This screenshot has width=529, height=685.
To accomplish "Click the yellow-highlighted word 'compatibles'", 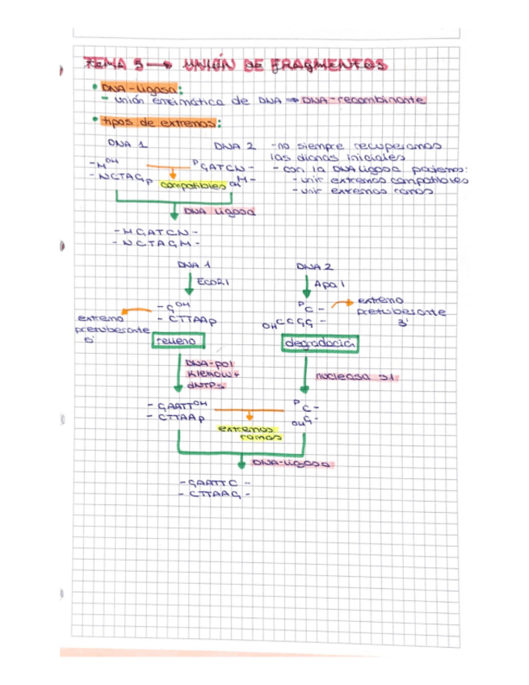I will pos(194,185).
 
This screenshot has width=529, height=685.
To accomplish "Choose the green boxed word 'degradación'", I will pos(321,344).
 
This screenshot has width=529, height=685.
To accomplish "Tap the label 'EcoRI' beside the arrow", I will pos(213,283).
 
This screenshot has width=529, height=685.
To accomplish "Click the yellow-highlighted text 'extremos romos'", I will pos(249,432).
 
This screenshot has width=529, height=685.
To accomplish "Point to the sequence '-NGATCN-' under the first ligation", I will pos(157,231).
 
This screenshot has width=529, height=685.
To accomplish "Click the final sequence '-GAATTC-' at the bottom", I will pos(213,482).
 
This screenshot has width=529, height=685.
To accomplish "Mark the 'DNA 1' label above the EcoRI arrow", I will pos(193,265).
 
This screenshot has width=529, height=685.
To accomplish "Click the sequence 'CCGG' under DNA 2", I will pos(289,322).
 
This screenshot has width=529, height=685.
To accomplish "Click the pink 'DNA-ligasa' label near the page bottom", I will pos(291,464).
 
